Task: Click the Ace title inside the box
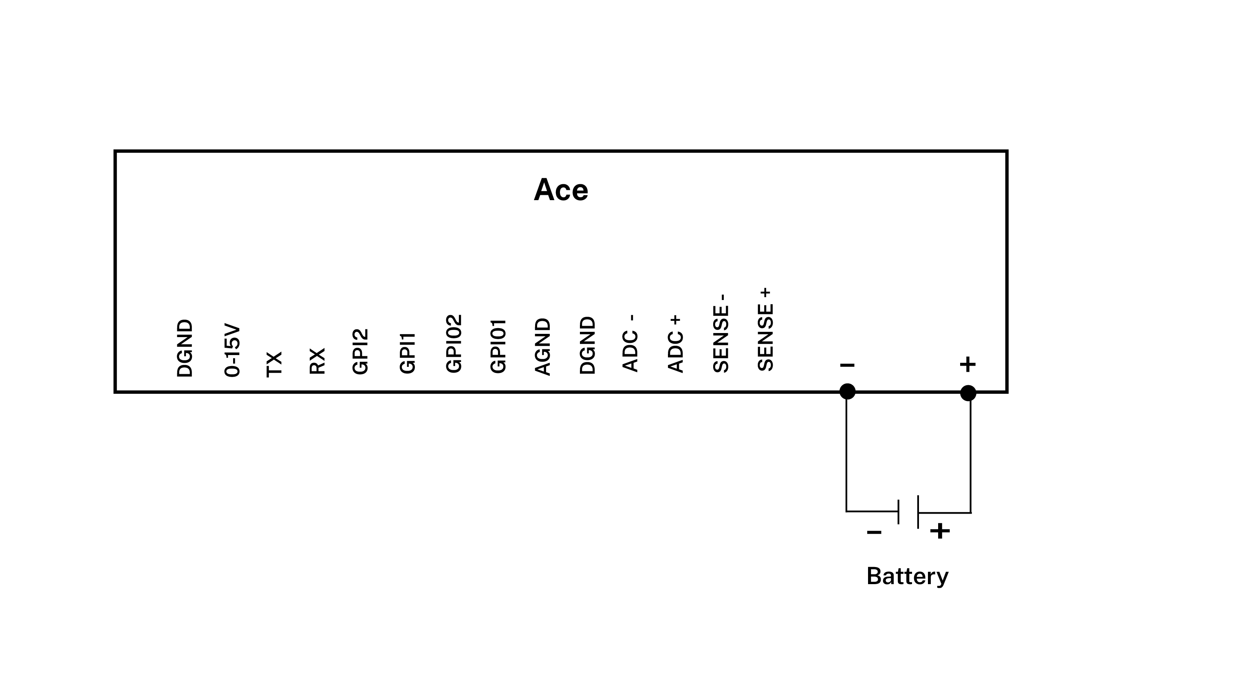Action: (561, 190)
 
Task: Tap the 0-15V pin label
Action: (232, 351)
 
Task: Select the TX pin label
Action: (274, 364)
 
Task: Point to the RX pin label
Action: (317, 361)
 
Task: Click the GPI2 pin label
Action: (361, 351)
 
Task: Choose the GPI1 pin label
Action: (408, 353)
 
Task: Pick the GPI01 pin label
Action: (498, 346)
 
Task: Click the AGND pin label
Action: (543, 346)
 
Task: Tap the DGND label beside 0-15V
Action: (185, 348)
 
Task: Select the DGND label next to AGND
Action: (588, 346)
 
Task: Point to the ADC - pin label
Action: (631, 343)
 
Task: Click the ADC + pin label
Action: (676, 344)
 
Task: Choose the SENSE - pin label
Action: (721, 333)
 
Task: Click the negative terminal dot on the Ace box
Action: (847, 392)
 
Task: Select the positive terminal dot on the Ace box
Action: (968, 393)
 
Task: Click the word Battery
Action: (907, 576)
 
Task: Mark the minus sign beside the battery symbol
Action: (874, 533)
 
